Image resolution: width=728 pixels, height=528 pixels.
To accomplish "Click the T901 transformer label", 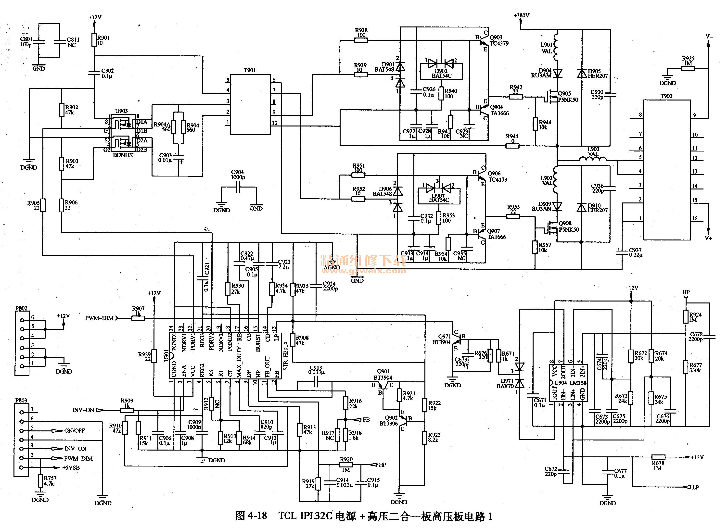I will pos(250,70).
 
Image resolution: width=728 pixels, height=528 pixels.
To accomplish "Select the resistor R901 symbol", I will pos(94,40).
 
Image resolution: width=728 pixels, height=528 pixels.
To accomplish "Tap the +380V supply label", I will pos(521,15).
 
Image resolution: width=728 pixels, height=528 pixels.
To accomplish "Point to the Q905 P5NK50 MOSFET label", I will pos(568,97).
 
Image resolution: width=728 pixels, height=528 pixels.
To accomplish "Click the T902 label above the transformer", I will pos(666,96).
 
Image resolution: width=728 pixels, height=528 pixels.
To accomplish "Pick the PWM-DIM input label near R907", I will pos(99,318).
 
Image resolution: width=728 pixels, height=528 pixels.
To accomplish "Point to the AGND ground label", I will pos(332,267).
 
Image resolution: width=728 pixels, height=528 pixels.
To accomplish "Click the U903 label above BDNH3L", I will pos(121,111).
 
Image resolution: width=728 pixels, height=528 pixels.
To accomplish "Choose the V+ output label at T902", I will pos(708,238).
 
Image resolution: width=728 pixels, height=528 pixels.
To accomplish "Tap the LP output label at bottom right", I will pos(695,487).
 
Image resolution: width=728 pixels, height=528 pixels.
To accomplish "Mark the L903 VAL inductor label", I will pos(593,151).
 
